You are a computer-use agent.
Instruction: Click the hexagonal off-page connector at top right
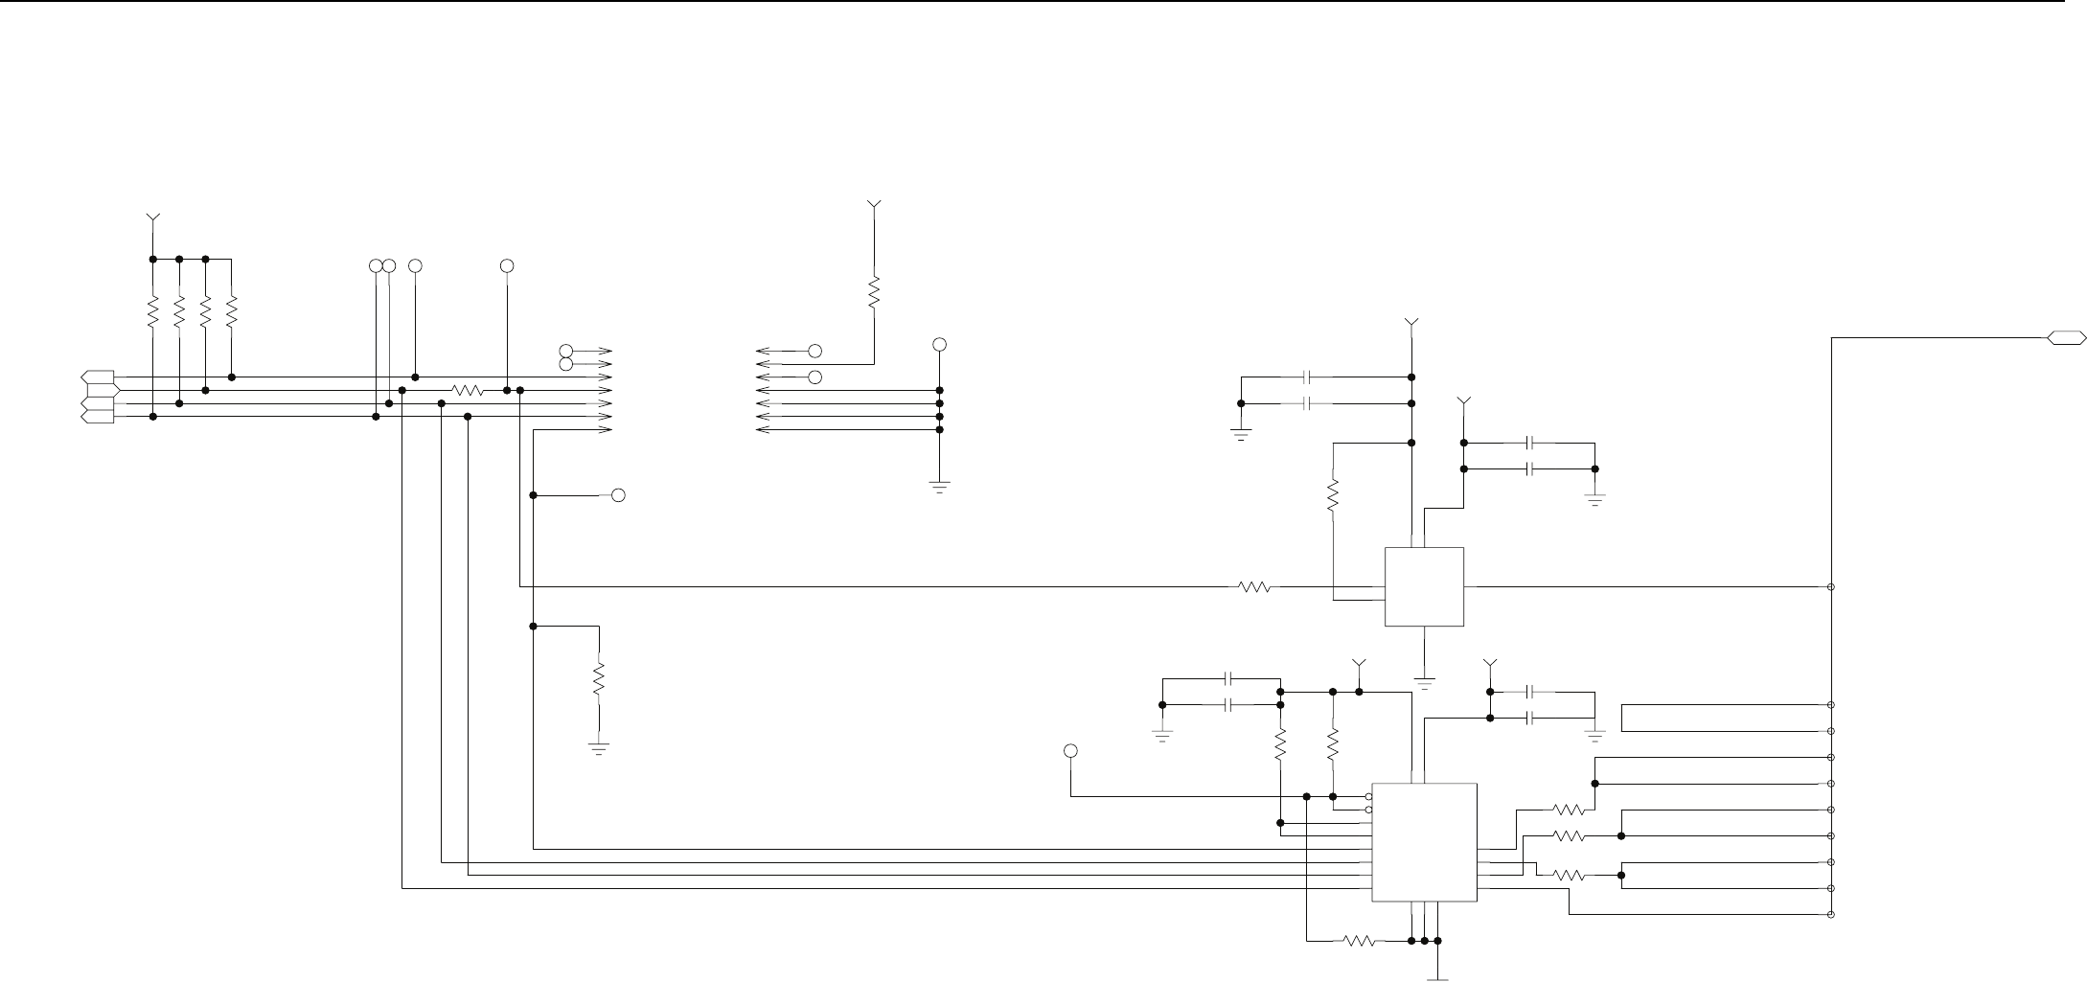[2066, 337]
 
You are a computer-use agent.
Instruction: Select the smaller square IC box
[1424, 586]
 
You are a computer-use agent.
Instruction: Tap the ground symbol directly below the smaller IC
[1425, 682]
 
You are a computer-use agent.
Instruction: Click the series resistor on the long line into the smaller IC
[1254, 586]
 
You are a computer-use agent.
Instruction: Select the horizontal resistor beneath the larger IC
[1361, 941]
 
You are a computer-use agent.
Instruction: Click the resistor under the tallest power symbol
[873, 292]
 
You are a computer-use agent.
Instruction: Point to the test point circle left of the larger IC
[1070, 750]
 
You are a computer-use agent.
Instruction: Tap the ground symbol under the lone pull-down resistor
[599, 747]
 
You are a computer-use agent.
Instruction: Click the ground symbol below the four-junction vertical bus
[939, 486]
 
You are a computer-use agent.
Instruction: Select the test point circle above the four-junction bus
[939, 344]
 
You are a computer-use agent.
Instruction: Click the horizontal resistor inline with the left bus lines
[468, 391]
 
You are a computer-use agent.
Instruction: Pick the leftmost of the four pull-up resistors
[152, 312]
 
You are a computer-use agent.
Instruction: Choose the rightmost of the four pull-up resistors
[232, 312]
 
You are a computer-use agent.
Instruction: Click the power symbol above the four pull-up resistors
[151, 219]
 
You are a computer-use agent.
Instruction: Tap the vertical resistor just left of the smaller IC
[1332, 495]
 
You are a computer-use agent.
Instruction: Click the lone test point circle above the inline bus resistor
[507, 264]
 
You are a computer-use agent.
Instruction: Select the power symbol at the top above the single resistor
[873, 205]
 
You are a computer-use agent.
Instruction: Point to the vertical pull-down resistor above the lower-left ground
[599, 679]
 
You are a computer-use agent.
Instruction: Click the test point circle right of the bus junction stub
[618, 495]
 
